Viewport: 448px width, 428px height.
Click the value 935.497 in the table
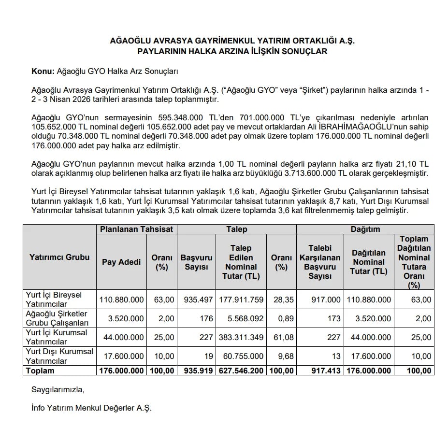tap(198, 300)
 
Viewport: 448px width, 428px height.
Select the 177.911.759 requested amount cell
tap(241, 300)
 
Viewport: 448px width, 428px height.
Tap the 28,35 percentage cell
tap(282, 300)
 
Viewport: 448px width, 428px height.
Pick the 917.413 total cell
tap(326, 371)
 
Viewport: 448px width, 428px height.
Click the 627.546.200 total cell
tap(241, 371)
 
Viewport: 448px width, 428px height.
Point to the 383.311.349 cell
tap(241, 338)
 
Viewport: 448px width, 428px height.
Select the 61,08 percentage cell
tap(282, 338)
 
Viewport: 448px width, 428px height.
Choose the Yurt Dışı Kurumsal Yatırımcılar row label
tap(59, 356)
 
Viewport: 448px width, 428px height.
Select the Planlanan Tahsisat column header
tap(136, 229)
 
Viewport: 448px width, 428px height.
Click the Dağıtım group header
tap(365, 229)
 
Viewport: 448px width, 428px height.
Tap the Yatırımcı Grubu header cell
tap(59, 257)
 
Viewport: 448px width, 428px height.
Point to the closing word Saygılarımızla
tap(58, 389)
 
